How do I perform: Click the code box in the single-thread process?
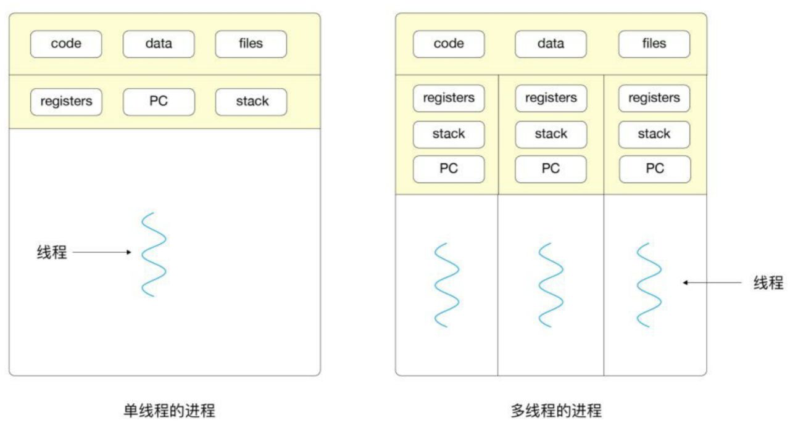66,44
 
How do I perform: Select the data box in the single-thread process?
159,44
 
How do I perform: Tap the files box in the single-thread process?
251,44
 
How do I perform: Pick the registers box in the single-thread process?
66,102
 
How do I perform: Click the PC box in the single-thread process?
159,102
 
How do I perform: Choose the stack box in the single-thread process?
251,102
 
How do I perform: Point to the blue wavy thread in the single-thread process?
154,255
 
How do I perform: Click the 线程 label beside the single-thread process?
52,252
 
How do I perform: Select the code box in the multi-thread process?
449,44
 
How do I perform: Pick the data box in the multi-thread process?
551,44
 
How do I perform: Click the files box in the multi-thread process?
654,44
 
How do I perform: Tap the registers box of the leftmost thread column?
449,98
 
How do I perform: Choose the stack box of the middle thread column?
551,134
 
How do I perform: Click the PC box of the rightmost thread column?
654,169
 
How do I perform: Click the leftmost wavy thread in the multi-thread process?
447,285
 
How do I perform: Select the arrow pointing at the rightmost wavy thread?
712,283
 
